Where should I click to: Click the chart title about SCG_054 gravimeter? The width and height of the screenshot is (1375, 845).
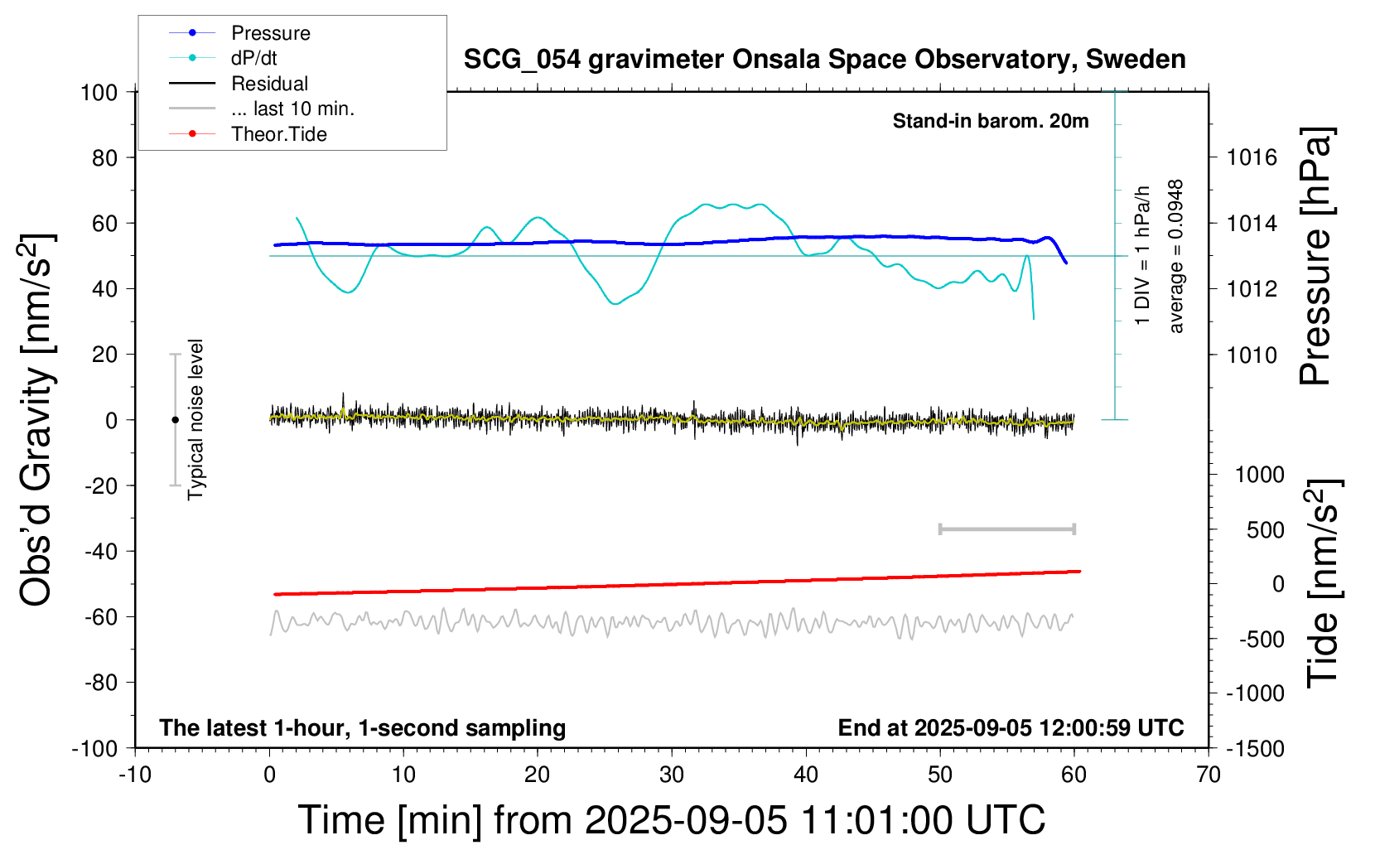(x=824, y=60)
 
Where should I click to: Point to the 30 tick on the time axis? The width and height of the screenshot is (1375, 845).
(x=672, y=775)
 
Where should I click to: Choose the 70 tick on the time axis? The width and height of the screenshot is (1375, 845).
(x=1209, y=775)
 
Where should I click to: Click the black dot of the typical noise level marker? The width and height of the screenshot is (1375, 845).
(x=175, y=420)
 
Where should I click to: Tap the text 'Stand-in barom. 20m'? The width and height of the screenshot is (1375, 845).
(x=990, y=121)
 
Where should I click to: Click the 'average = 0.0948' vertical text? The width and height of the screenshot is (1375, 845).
(x=1176, y=257)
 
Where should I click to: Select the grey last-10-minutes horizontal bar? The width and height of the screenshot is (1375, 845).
(x=1006, y=529)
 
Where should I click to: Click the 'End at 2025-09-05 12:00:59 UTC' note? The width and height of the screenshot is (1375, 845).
(x=1011, y=728)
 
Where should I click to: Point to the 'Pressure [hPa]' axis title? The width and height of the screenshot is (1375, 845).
(x=1315, y=257)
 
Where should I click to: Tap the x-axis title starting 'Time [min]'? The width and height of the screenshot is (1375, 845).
(x=671, y=820)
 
